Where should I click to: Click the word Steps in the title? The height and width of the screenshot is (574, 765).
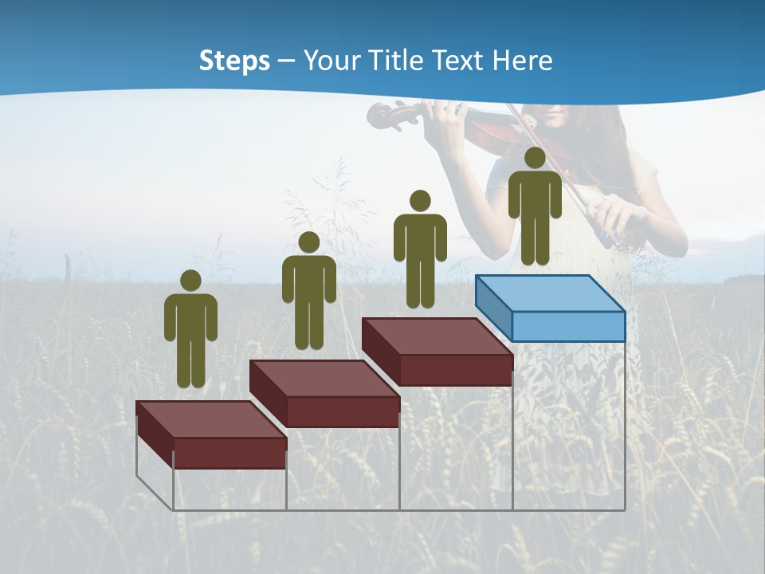point(234,61)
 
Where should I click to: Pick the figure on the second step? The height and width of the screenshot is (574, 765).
point(308,292)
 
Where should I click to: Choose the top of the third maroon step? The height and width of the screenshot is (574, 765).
point(436,336)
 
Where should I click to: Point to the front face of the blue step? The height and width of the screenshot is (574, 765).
point(567,326)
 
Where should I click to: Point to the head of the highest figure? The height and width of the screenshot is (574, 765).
point(535,158)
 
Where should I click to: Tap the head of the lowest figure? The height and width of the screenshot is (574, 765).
point(190,281)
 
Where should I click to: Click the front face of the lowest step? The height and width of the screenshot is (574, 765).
point(229,453)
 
